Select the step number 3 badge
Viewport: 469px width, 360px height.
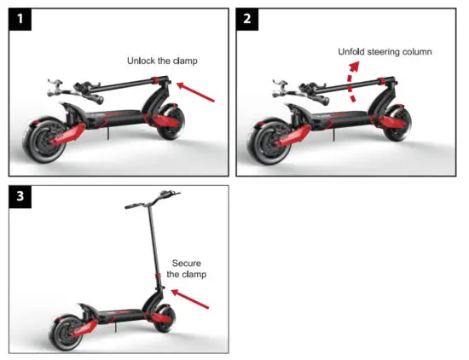click(19, 198)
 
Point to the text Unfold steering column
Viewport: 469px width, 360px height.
click(385, 52)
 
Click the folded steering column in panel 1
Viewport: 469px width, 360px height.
click(119, 84)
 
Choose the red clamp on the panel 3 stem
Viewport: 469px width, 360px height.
click(157, 276)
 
